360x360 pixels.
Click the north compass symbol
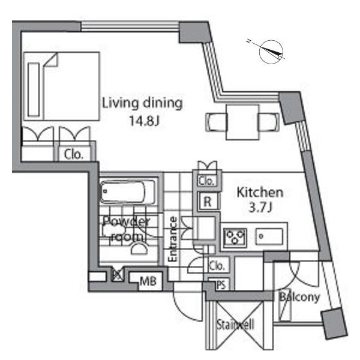(x=271, y=52)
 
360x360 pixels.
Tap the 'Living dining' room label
(x=142, y=103)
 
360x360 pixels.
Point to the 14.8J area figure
(x=144, y=121)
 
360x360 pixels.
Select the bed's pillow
(x=34, y=89)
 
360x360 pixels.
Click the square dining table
(x=242, y=122)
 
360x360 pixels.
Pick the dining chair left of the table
(x=216, y=122)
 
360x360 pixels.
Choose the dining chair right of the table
(x=269, y=122)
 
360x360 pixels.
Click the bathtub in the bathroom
(x=127, y=192)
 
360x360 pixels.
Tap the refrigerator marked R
(x=208, y=202)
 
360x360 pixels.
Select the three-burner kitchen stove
(x=235, y=237)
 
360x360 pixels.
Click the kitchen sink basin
(x=269, y=236)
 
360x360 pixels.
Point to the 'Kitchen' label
(x=260, y=193)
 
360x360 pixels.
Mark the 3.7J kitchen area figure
(x=260, y=208)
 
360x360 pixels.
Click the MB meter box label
(x=148, y=281)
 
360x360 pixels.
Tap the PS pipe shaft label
(x=221, y=285)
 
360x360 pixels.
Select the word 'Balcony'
(x=299, y=297)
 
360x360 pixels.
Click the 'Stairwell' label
(x=236, y=325)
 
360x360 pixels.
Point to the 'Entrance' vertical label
(x=173, y=239)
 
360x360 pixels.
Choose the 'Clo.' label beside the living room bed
(x=73, y=155)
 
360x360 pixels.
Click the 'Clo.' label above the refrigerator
(x=206, y=181)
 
